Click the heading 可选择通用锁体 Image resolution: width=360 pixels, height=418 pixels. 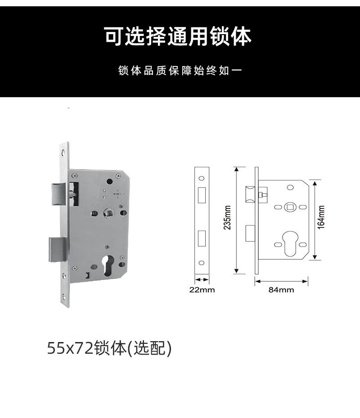[x=178, y=36]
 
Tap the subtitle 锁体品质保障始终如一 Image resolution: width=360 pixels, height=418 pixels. [x=180, y=71]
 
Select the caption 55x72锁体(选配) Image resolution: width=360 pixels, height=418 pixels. [x=109, y=348]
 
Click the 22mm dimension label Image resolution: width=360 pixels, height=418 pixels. [x=202, y=290]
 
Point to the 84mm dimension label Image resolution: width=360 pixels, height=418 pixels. [x=281, y=290]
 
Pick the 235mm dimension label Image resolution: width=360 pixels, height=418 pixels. [x=228, y=218]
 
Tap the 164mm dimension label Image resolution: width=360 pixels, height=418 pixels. [x=321, y=217]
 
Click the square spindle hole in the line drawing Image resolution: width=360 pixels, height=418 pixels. [x=290, y=207]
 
